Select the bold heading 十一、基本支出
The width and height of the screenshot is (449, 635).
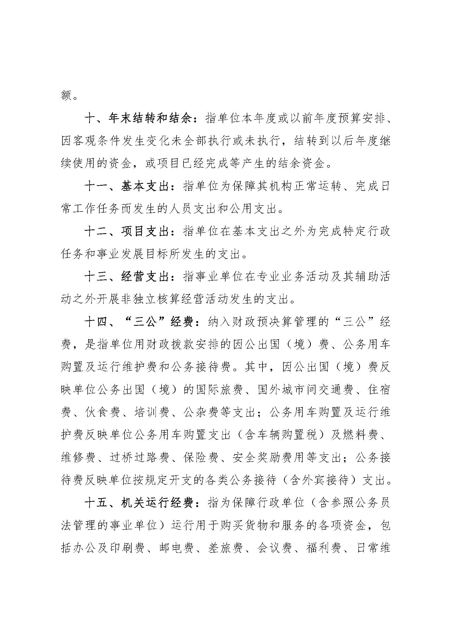point(127,186)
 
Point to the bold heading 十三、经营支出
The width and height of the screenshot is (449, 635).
point(127,277)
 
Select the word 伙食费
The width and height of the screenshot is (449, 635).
point(103,412)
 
